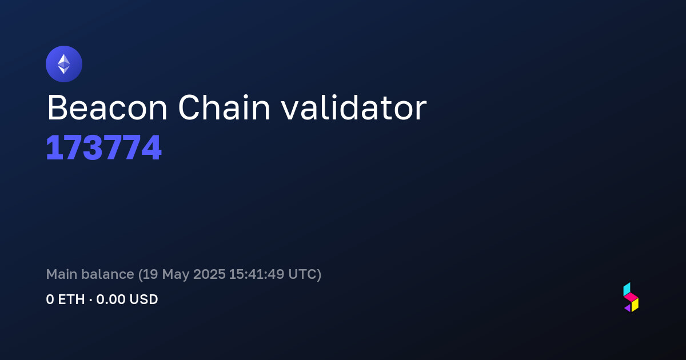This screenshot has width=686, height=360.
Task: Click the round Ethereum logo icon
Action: (x=64, y=64)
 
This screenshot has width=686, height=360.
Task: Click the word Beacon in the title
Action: (x=107, y=108)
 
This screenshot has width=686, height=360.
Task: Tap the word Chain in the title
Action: (x=224, y=107)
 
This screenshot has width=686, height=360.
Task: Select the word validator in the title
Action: (x=354, y=107)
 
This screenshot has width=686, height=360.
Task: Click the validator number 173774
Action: (x=104, y=147)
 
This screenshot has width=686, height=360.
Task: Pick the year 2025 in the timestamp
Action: (x=209, y=274)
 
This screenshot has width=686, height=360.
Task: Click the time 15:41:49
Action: (x=257, y=274)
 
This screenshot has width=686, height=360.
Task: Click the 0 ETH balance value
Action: (x=65, y=299)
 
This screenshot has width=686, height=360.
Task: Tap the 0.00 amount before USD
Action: (x=111, y=299)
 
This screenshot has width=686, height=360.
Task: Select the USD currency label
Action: (x=143, y=299)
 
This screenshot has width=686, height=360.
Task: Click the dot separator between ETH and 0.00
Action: (x=91, y=300)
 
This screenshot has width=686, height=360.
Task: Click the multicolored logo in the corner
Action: (x=631, y=297)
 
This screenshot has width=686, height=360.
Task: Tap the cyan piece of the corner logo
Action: (x=627, y=289)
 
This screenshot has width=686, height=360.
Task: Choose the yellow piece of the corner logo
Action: (x=635, y=305)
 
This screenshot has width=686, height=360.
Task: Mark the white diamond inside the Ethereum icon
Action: (x=64, y=64)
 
